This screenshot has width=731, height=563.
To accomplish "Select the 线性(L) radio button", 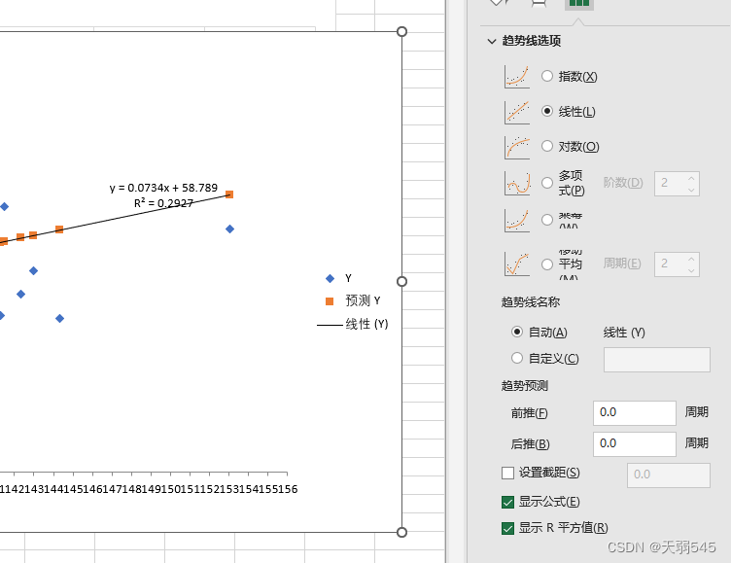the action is [547, 111].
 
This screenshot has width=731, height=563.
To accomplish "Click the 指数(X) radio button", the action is [547, 76].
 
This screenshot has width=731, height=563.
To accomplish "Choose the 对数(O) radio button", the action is [547, 146].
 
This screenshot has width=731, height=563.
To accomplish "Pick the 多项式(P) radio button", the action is [547, 182].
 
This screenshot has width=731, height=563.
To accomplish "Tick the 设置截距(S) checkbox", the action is [507, 473].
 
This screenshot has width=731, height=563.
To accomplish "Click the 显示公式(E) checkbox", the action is [507, 502].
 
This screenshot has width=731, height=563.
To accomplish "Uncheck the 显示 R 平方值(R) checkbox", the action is [507, 528].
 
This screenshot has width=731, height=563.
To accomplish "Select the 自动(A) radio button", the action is [517, 332].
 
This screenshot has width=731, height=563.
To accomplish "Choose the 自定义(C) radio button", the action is [517, 358].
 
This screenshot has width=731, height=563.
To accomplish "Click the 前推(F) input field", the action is [634, 412].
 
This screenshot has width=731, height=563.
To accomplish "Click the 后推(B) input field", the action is [634, 443].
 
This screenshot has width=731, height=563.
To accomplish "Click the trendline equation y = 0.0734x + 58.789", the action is [163, 188].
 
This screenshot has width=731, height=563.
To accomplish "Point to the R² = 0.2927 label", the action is [163, 203].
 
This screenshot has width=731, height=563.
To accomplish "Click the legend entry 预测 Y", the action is [363, 300].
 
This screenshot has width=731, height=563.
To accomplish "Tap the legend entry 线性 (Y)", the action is [366, 324].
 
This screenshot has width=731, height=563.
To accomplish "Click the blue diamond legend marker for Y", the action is [330, 278].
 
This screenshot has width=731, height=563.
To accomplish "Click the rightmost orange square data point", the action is [229, 194].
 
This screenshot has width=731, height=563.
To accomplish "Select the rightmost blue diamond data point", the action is [229, 229].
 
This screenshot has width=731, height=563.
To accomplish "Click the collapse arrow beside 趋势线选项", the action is [491, 41].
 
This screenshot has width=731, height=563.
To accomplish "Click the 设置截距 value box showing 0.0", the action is [669, 475].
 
